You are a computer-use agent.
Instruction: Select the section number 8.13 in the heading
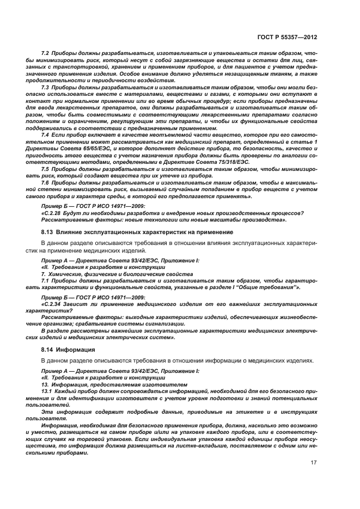(48, 232)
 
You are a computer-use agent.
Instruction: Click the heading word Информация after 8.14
(78, 349)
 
